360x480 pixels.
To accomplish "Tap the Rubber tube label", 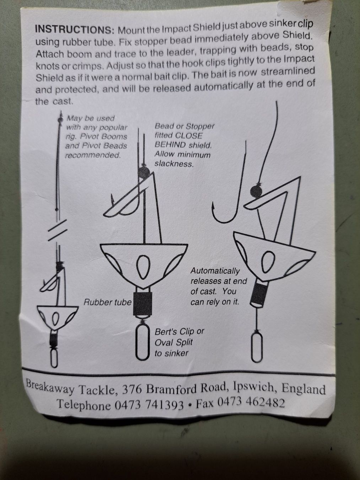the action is (x=108, y=302).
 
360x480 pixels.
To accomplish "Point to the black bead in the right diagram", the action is (x=256, y=192).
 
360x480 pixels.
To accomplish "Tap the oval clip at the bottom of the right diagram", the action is (x=257, y=347).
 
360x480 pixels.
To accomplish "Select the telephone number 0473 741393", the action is (x=149, y=405).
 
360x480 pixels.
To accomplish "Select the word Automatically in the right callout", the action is (x=215, y=271).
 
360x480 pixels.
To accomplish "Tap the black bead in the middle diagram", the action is (x=144, y=173).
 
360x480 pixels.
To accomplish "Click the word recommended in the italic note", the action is (x=93, y=155).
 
